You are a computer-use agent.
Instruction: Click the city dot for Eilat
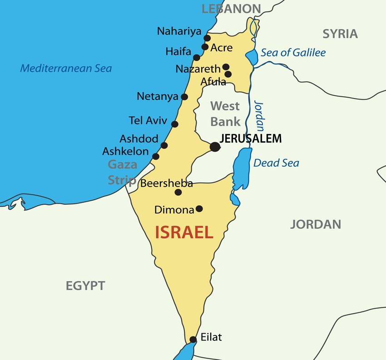pyautogui.click(x=193, y=339)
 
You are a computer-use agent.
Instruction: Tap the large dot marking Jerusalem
pyautogui.click(x=215, y=147)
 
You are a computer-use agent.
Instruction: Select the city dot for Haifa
pyautogui.click(x=197, y=58)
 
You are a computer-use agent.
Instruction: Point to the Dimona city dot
pyautogui.click(x=199, y=209)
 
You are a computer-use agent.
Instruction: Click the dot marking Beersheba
pyautogui.click(x=178, y=192)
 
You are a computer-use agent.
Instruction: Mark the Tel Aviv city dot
pyautogui.click(x=175, y=124)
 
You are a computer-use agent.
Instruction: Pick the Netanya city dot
pyautogui.click(x=184, y=97)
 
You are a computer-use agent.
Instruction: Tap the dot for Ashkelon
pyautogui.click(x=156, y=157)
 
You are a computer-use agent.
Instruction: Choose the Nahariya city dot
pyautogui.click(x=208, y=39)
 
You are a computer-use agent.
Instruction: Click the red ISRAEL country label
pyautogui.click(x=184, y=232)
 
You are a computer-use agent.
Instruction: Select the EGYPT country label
pyautogui.click(x=85, y=286)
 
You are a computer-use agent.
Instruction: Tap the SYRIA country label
pyautogui.click(x=340, y=34)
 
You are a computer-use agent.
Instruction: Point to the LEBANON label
pyautogui.click(x=232, y=8)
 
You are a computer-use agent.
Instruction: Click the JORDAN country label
pyautogui.click(x=316, y=224)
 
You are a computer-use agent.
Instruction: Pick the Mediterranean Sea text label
pyautogui.click(x=66, y=69)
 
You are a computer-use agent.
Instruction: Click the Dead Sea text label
pyautogui.click(x=276, y=163)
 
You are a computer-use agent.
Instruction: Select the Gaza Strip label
pyautogui.click(x=122, y=172)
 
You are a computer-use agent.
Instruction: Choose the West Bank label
pyautogui.click(x=225, y=114)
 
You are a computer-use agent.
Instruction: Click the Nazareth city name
pyautogui.click(x=198, y=69)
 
